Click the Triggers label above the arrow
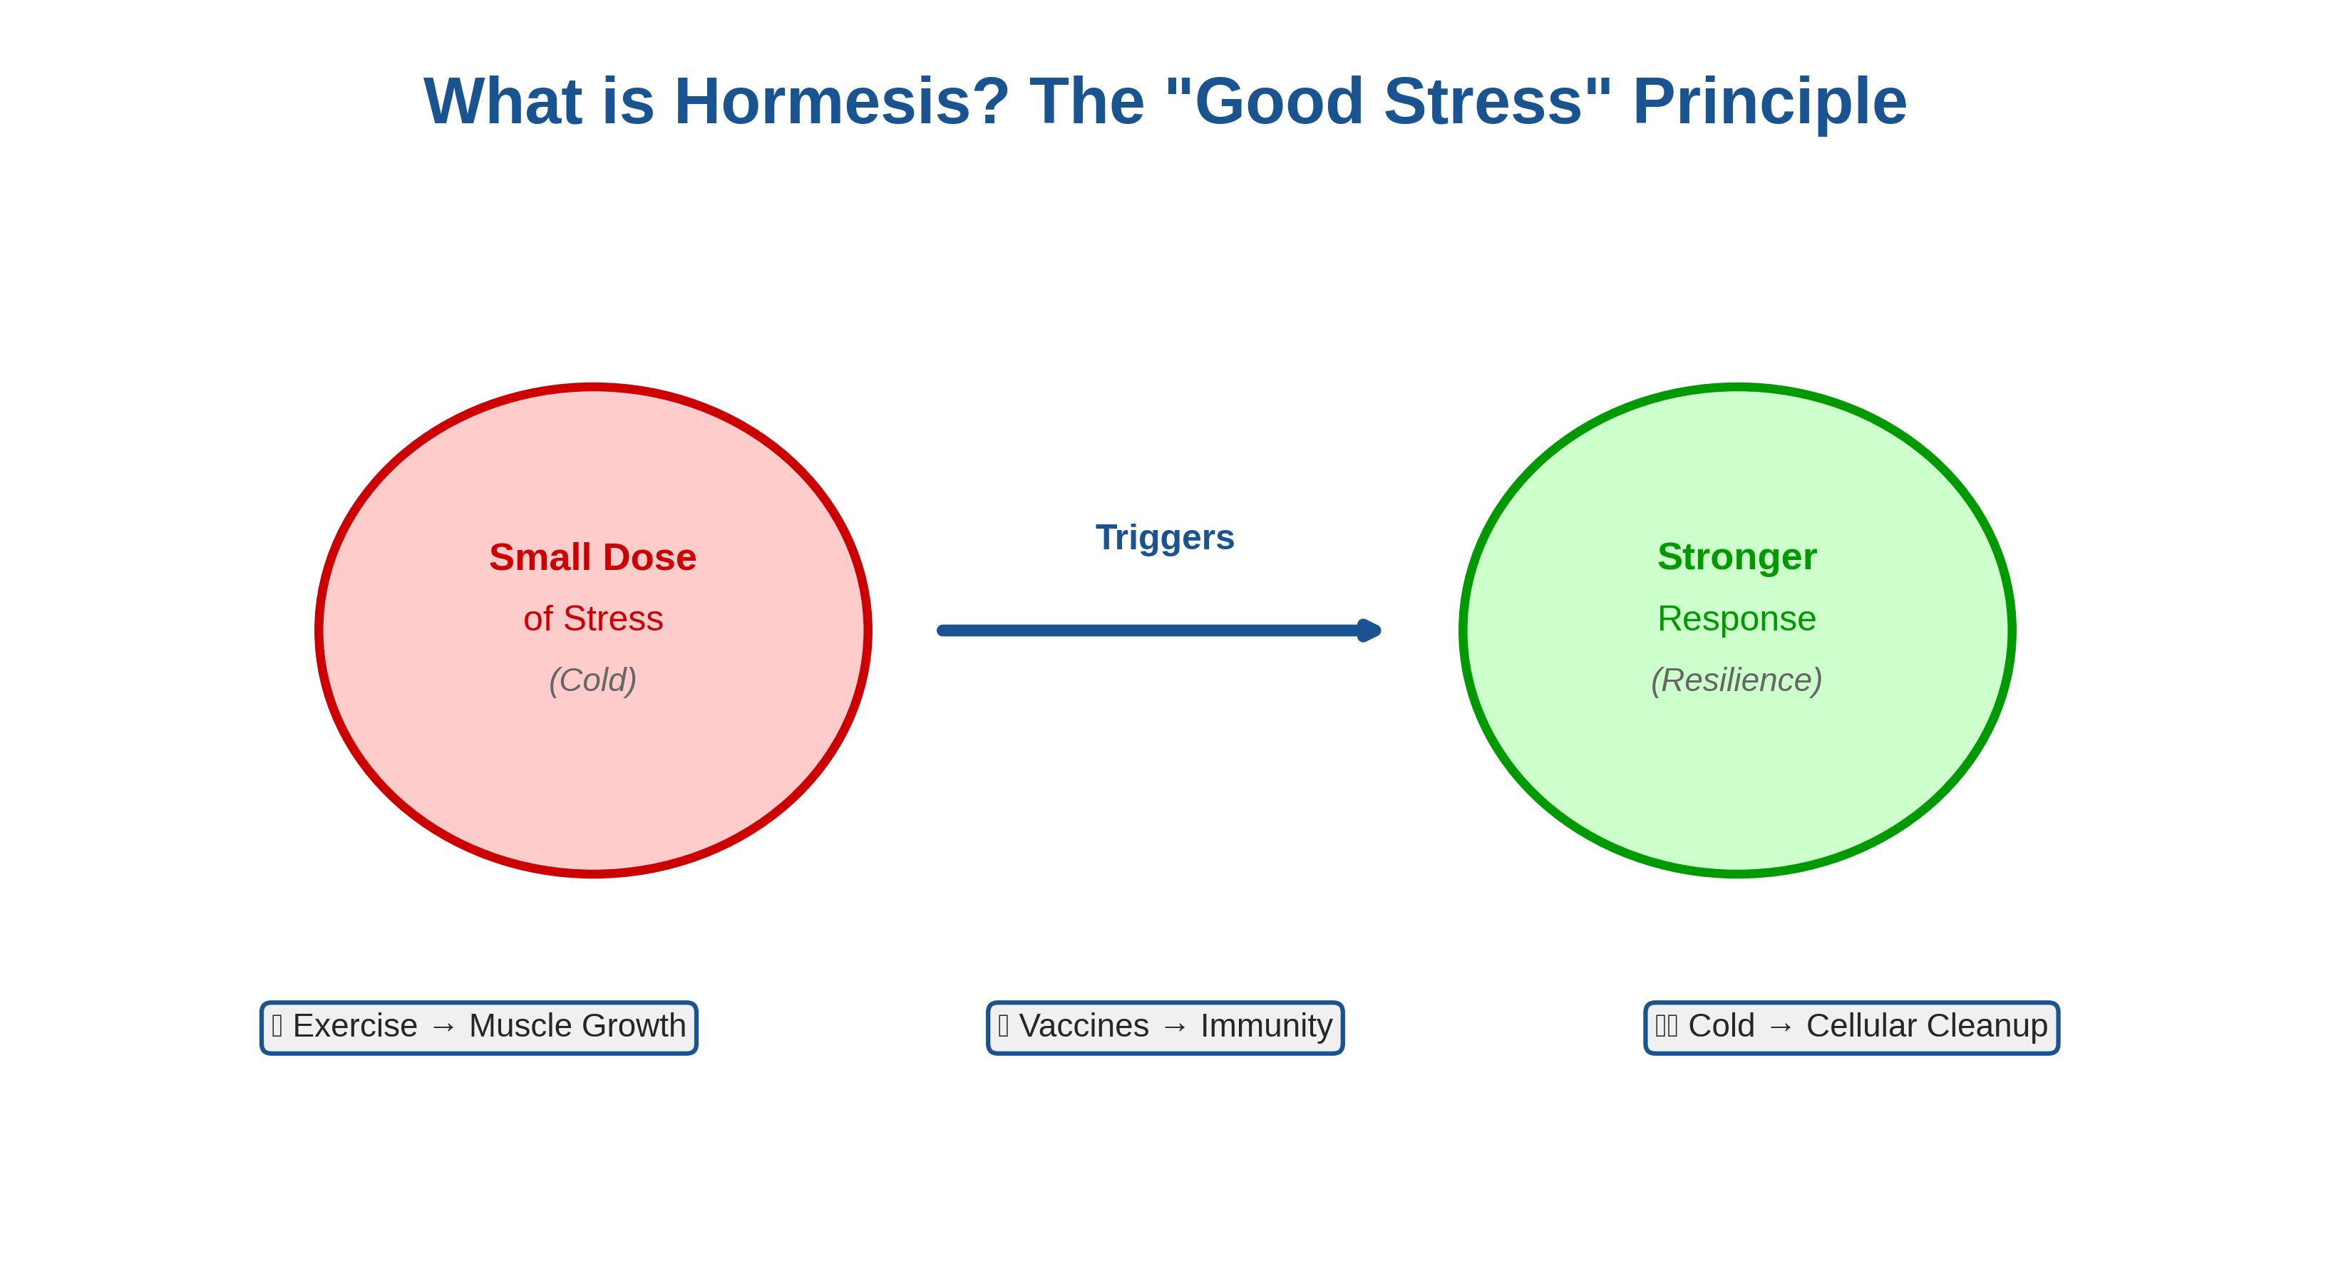[1165, 537]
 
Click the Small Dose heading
[592, 557]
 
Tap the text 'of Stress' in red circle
[592, 618]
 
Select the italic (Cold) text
[592, 680]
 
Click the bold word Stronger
[1736, 556]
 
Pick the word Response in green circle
[1736, 618]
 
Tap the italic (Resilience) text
[1736, 680]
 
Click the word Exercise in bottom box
[355, 1026]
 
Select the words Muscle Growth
[577, 1026]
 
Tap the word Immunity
[1266, 1026]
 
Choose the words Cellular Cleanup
[1927, 1026]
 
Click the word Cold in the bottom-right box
[1721, 1026]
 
